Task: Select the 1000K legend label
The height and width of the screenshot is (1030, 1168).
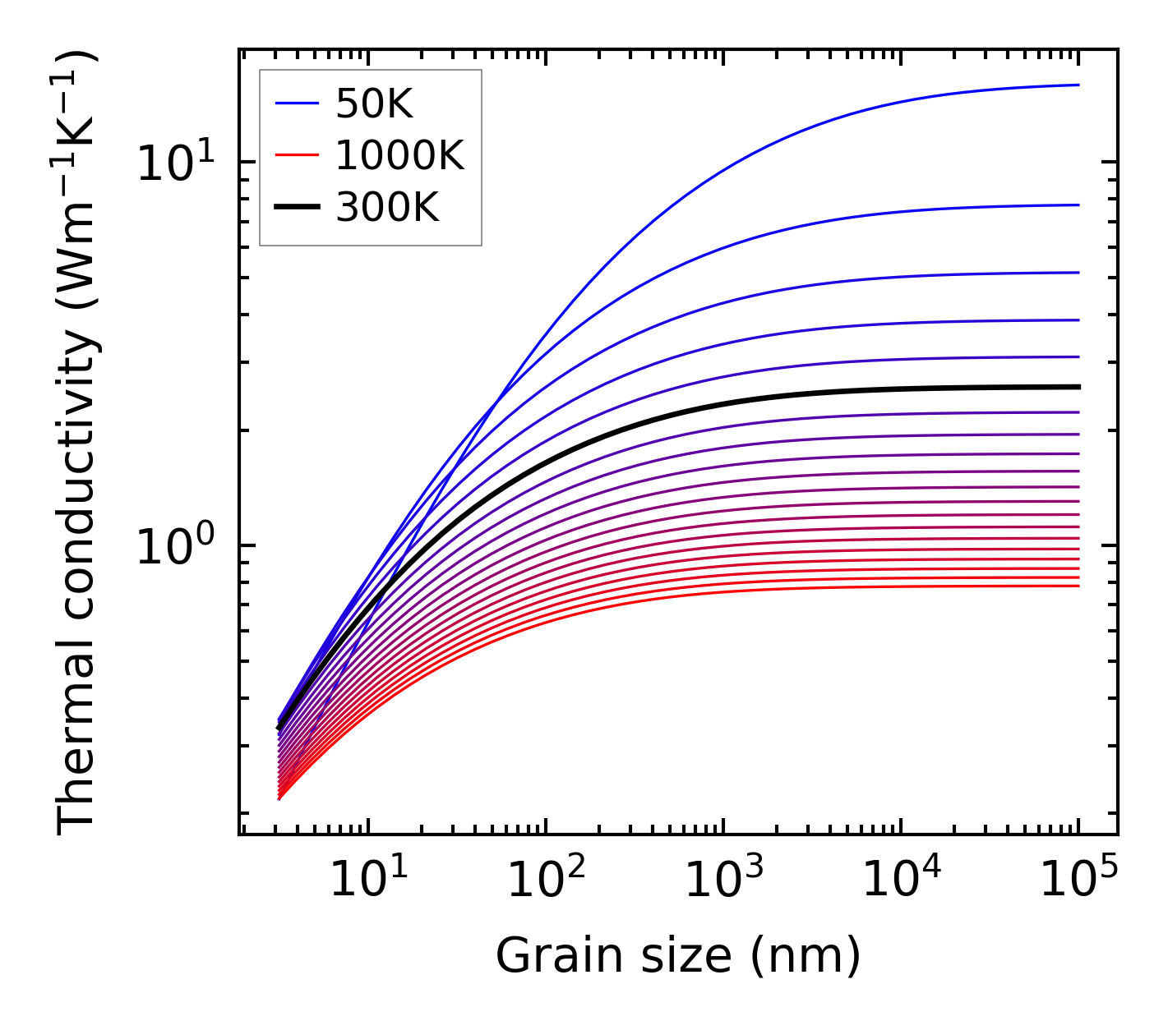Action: pos(399,155)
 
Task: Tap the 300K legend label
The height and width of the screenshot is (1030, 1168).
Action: pos(387,208)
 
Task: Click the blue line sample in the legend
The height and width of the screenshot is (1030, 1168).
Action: pos(296,103)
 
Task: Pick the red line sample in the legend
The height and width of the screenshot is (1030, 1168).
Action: pos(296,155)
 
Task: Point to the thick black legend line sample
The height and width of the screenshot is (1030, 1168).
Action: pos(296,208)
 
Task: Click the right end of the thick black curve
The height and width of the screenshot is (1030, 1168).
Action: pos(1078,386)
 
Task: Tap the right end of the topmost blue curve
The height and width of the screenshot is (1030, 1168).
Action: pos(1078,85)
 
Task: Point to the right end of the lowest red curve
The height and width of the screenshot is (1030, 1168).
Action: pos(1078,586)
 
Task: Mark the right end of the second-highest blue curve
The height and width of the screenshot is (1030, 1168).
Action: pos(1078,205)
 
